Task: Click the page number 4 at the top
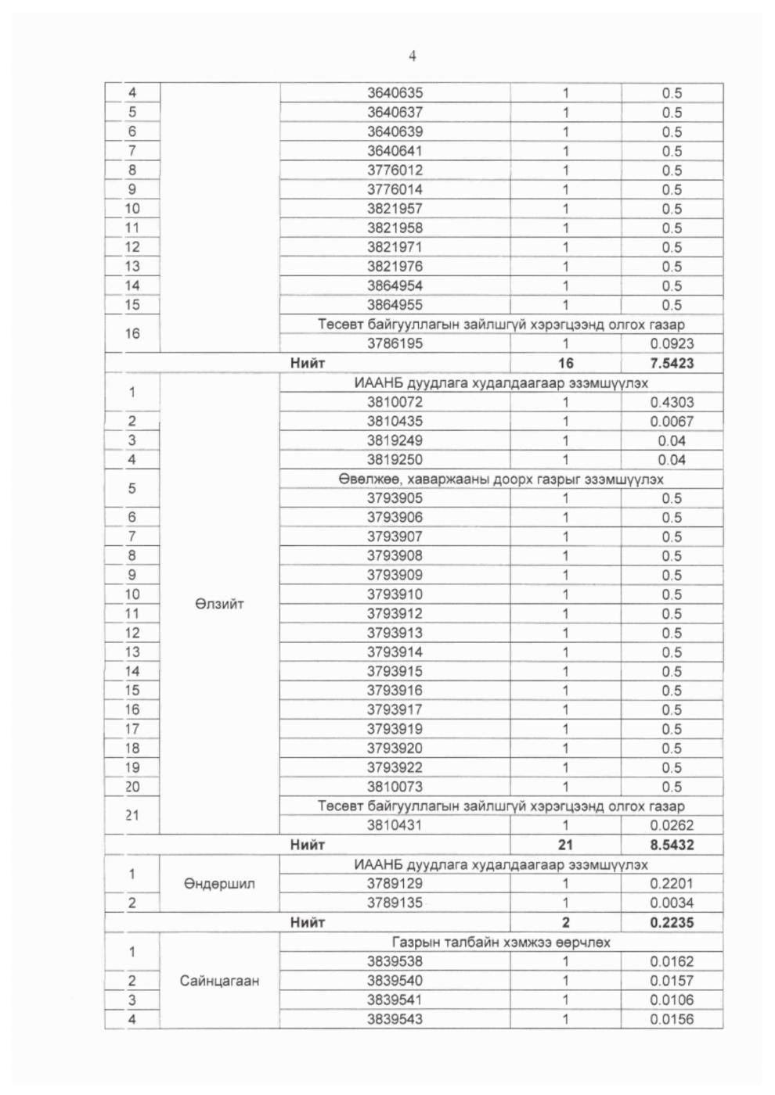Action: coord(413,56)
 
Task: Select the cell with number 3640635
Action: coord(395,93)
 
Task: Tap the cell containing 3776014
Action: coord(395,189)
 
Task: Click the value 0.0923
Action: coord(672,343)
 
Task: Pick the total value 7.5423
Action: coord(672,363)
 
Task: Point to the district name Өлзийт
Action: coord(219,604)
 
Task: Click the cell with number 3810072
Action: coord(395,402)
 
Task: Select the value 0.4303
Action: coord(672,402)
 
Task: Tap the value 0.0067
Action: coord(672,421)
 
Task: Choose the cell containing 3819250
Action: coord(395,460)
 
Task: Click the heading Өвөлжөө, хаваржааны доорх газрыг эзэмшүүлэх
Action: coord(501,479)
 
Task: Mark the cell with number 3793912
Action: coord(395,614)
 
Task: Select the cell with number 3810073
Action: coord(395,787)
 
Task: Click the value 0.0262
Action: coord(672,825)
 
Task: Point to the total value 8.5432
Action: coord(672,845)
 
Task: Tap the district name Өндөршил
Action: coord(219,884)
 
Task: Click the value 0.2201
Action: coord(672,884)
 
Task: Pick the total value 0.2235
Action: coord(672,922)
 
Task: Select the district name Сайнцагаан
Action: coord(219,981)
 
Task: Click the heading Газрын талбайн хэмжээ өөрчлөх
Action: coord(501,942)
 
